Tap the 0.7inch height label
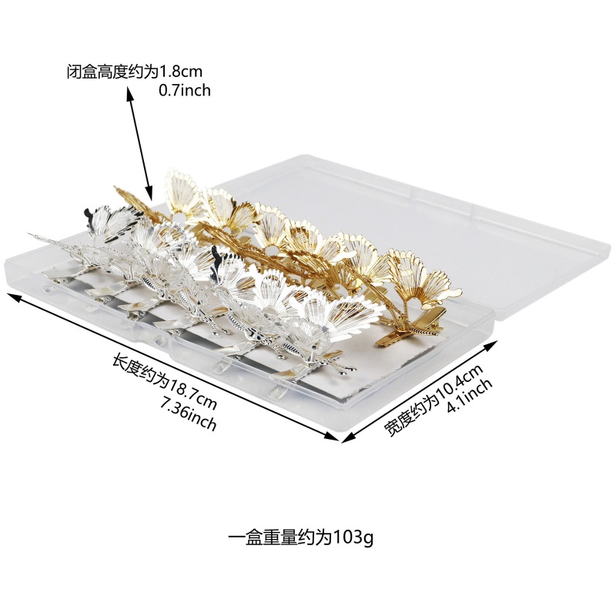pyautogui.click(x=184, y=90)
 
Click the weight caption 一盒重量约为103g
pyautogui.click(x=300, y=536)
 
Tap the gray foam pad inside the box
pyautogui.click(x=339, y=381)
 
